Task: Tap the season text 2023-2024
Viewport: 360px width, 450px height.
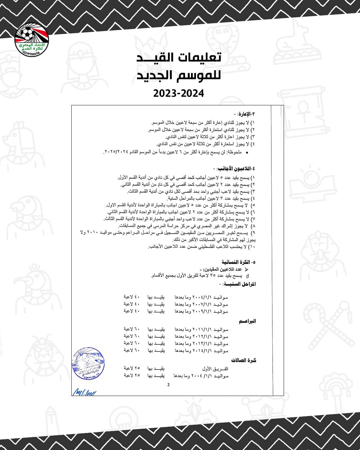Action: click(179, 93)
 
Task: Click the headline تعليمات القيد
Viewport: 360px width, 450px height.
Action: click(179, 57)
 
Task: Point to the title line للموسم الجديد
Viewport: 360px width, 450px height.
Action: click(179, 75)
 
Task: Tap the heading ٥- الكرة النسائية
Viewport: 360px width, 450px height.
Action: click(238, 262)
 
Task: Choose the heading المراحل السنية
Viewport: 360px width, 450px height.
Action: click(240, 284)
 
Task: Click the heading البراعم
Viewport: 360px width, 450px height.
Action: click(247, 321)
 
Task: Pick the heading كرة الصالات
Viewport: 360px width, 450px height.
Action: click(244, 360)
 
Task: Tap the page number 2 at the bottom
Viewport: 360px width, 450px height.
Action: click(168, 385)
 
